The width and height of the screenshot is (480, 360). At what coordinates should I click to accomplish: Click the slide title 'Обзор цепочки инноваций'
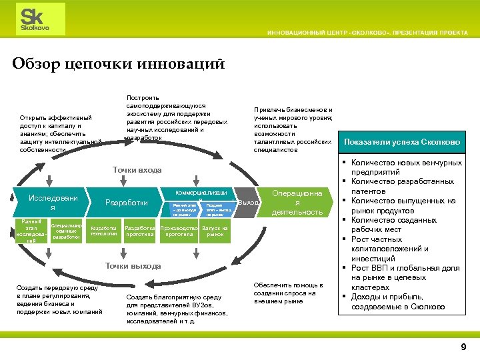tap(118, 64)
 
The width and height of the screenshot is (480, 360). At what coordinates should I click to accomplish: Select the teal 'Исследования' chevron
tap(51, 202)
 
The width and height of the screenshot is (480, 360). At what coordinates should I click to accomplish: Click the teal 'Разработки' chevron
tap(127, 202)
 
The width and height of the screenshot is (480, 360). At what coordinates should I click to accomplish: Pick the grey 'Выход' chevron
tap(249, 202)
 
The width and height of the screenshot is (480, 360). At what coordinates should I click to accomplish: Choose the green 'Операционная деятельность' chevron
tap(298, 202)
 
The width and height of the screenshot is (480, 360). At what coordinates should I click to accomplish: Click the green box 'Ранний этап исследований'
tap(31, 231)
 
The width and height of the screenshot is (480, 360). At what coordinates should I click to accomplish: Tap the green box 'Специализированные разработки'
tap(66, 231)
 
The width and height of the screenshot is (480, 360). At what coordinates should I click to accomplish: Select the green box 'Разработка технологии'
tap(104, 231)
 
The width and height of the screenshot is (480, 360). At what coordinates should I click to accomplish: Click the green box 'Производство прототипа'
tap(179, 231)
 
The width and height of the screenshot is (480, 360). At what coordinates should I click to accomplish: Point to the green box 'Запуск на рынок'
tap(215, 231)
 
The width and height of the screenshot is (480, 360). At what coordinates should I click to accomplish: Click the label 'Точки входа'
tap(137, 170)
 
